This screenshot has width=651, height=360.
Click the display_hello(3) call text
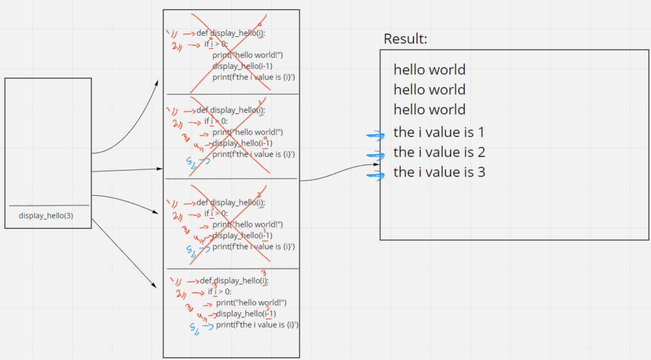click(46, 215)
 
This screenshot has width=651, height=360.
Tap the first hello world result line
click(429, 70)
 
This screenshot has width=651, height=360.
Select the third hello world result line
click(429, 110)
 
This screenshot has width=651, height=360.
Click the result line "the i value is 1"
click(439, 132)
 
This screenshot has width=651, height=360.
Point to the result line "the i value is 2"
click(439, 152)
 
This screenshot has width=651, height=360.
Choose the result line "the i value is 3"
click(439, 172)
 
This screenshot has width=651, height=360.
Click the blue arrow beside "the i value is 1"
click(376, 135)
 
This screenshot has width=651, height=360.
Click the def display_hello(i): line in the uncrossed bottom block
click(234, 281)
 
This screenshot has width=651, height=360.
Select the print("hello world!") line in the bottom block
click(251, 302)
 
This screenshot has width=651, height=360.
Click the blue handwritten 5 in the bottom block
click(193, 327)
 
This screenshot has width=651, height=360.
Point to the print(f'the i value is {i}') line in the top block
click(254, 77)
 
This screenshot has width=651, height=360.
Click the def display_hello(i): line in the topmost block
click(231, 33)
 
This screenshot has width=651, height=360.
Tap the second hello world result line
click(429, 90)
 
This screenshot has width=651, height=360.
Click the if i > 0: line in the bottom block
click(219, 292)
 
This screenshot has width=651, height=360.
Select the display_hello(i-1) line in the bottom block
click(246, 314)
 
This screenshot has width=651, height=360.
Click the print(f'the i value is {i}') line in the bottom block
click(257, 325)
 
